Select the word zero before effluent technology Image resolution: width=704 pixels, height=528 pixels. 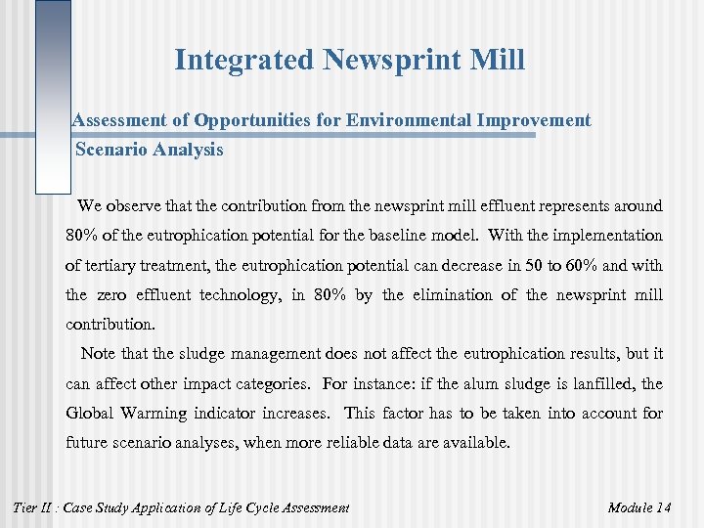click(110, 294)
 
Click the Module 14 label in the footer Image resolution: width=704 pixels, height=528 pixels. click(639, 506)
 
